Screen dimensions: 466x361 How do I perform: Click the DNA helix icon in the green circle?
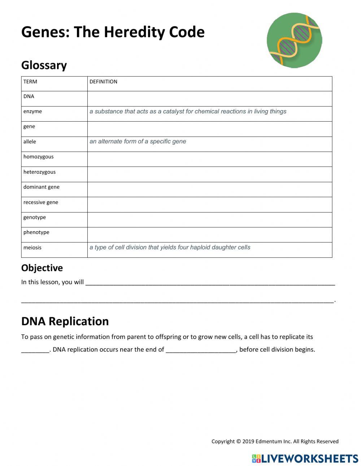click(294, 40)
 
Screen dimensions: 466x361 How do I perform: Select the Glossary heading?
click(44, 65)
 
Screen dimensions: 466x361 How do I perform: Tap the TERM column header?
click(30, 82)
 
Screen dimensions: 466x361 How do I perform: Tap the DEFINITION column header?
click(103, 82)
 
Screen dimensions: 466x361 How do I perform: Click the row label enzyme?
click(32, 112)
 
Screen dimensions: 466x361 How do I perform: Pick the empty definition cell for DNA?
click(209, 99)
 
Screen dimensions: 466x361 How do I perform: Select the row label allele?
click(30, 142)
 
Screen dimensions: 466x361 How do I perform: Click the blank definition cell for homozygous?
click(209, 159)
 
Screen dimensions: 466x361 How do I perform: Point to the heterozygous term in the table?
click(39, 172)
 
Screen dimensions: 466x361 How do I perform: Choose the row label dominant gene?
click(41, 187)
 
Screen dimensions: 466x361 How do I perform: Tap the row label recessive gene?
click(40, 202)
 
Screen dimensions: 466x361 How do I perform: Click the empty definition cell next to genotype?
click(209, 219)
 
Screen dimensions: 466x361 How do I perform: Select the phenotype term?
click(36, 232)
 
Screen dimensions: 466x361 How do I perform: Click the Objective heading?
click(42, 268)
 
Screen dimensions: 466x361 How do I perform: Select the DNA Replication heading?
click(65, 321)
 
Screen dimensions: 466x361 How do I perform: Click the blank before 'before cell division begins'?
click(201, 349)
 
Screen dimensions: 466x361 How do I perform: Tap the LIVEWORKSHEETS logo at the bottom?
click(305, 458)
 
